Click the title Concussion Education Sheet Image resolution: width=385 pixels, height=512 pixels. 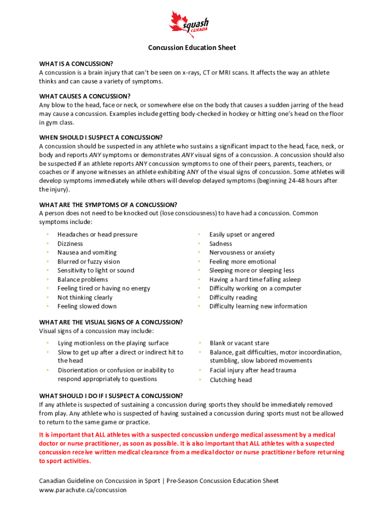click(191, 47)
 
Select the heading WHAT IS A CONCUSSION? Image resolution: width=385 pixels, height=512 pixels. click(76, 64)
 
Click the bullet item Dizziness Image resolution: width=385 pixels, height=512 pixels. click(70, 243)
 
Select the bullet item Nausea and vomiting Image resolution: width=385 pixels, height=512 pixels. click(87, 252)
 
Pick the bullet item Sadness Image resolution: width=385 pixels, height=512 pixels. click(220, 243)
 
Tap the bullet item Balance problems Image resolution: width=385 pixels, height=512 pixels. click(82, 279)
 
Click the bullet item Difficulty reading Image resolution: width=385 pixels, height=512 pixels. click(233, 297)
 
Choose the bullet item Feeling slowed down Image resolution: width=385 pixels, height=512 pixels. click(87, 306)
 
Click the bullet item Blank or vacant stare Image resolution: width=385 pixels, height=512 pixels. click(239, 343)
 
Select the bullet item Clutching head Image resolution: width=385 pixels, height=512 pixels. click(230, 380)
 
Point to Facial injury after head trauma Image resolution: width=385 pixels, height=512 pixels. click(252, 370)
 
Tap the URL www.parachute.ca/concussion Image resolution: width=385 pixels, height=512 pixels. click(83, 490)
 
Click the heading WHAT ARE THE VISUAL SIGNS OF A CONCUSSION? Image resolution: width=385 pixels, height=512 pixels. click(110, 322)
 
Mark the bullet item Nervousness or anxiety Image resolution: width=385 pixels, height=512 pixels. click(242, 252)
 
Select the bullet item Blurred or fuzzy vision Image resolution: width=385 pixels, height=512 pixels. click(88, 261)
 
